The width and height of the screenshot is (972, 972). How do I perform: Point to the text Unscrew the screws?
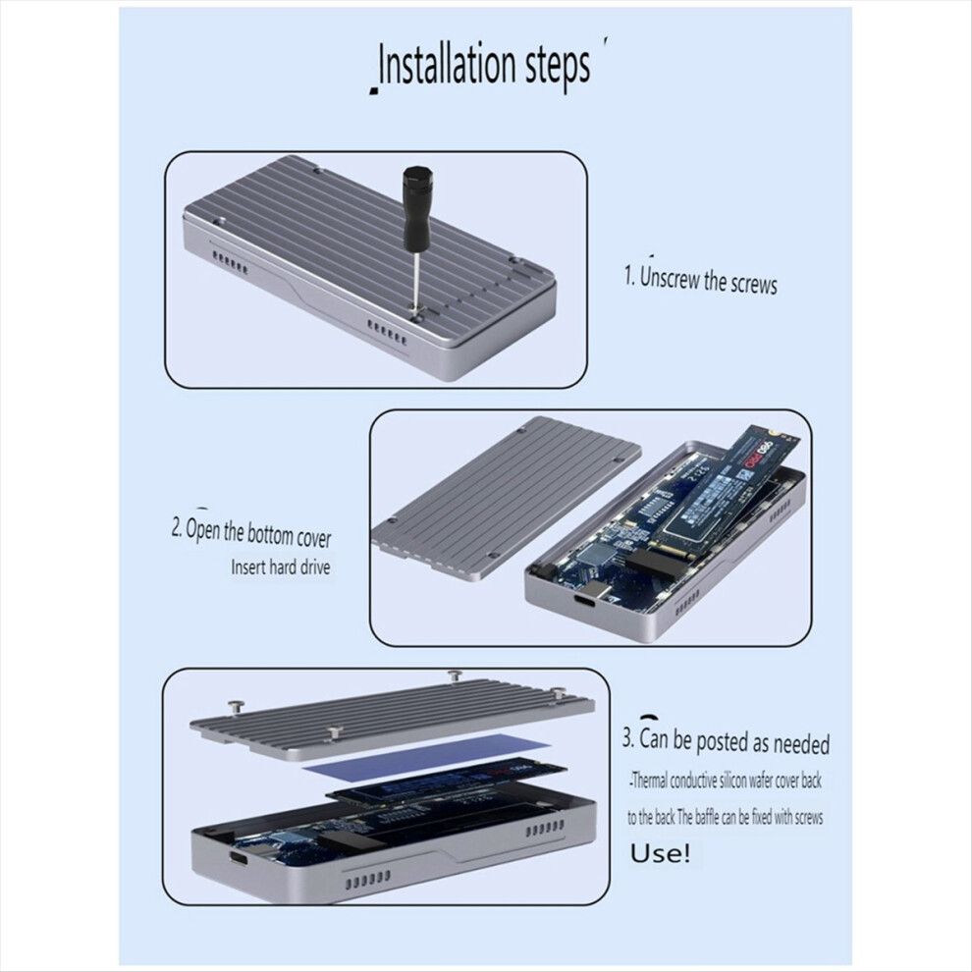tap(707, 279)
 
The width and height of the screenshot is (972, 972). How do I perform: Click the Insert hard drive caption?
tap(281, 567)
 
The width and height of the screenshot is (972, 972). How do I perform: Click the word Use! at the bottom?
tap(660, 852)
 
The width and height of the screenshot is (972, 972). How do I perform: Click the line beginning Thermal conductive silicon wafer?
tap(727, 782)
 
